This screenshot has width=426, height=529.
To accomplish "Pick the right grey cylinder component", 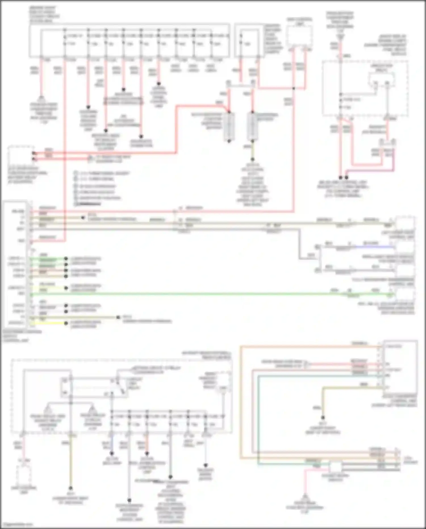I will point(252,126).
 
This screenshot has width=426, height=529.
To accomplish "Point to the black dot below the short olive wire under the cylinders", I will point(252,159).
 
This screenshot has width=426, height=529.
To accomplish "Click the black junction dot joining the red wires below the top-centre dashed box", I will point(294,88).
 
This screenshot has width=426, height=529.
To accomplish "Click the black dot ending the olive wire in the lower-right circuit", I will point(323,418).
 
